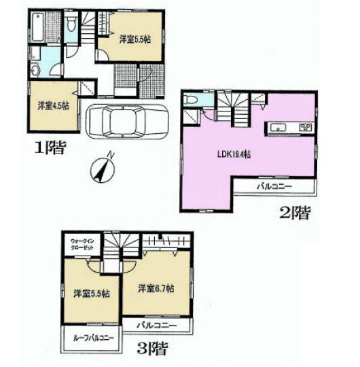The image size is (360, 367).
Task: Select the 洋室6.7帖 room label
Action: [155, 288]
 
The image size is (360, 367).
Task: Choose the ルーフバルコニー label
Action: [91, 338]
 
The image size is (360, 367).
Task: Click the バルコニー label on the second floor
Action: [274, 186]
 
